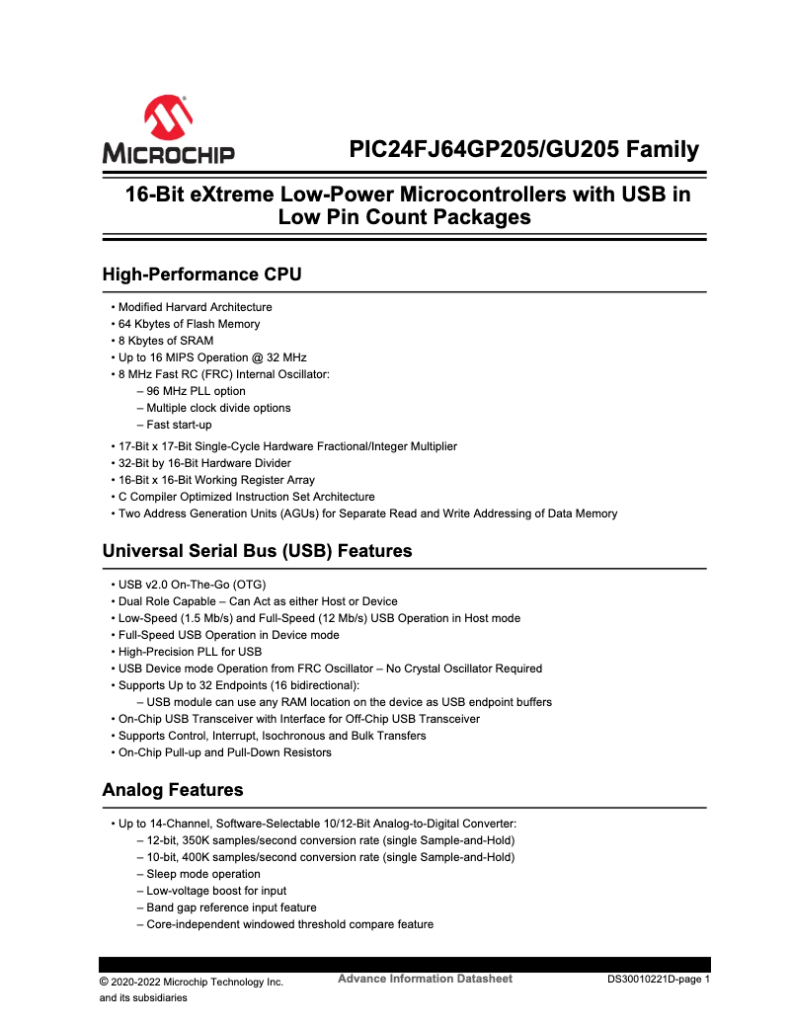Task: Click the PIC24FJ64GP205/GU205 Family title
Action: [523, 150]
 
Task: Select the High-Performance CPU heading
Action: [201, 274]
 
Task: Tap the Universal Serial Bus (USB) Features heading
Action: [257, 550]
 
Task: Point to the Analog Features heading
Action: [172, 790]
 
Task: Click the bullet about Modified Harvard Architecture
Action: [195, 307]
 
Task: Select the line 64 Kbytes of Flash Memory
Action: [189, 324]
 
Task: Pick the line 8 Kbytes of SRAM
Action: [165, 341]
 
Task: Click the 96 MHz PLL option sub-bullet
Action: [196, 391]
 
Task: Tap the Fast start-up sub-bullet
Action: [179, 425]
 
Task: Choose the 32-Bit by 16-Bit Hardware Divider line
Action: [204, 463]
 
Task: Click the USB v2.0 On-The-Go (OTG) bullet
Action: [192, 585]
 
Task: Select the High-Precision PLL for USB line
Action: [190, 652]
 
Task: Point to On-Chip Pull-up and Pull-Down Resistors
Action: [224, 752]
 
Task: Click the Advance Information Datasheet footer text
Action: [425, 979]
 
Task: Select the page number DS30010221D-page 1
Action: [659, 981]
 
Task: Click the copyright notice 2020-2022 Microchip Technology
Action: [192, 982]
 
